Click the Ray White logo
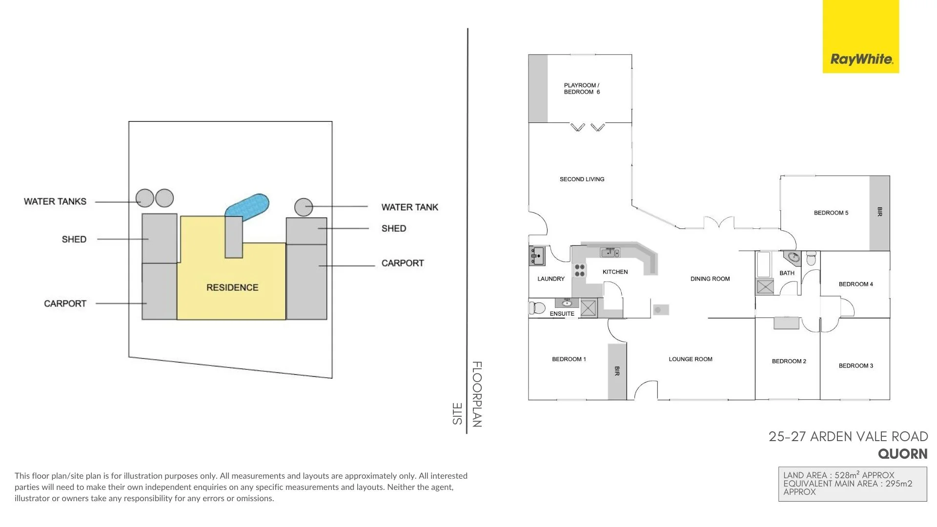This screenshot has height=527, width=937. click(x=861, y=60)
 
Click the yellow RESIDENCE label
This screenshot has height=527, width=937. click(x=232, y=287)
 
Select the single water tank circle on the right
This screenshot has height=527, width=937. click(x=304, y=207)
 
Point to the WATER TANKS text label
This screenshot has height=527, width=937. click(x=55, y=202)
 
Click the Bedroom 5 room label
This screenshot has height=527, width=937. click(x=831, y=213)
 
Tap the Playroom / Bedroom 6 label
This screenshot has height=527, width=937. click(x=582, y=89)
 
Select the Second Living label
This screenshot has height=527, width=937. click(x=582, y=179)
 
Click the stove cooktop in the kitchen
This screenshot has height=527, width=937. click(x=579, y=270)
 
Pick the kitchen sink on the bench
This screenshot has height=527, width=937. click(x=610, y=252)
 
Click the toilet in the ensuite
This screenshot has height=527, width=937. click(x=537, y=308)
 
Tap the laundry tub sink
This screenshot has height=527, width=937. click(x=537, y=255)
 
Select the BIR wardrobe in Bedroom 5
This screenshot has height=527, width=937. click(x=879, y=212)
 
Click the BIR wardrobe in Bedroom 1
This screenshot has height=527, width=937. click(x=617, y=371)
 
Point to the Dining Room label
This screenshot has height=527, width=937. click(x=710, y=279)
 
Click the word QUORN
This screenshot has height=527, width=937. click(x=902, y=454)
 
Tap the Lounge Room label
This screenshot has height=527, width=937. click(x=691, y=359)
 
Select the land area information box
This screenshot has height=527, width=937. click(x=852, y=484)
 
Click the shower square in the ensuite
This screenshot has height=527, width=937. click(x=588, y=308)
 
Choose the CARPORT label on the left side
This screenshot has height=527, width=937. click(x=65, y=304)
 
